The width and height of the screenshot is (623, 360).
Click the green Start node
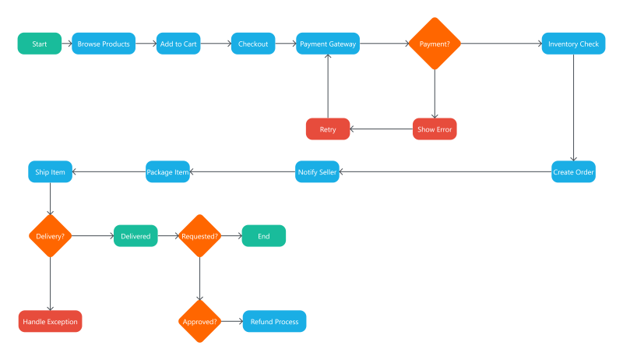pyautogui.click(x=40, y=44)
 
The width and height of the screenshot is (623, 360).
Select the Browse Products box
pyautogui.click(x=104, y=44)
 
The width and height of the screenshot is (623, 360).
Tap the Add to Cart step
pyautogui.click(x=178, y=44)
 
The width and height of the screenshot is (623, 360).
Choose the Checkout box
pyautogui.click(x=253, y=44)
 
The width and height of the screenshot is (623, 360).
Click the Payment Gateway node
pyautogui.click(x=328, y=44)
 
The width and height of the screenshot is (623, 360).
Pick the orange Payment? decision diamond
pyautogui.click(x=435, y=44)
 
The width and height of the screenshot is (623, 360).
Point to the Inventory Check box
pyautogui.click(x=573, y=44)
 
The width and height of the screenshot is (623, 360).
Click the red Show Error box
pyautogui.click(x=435, y=129)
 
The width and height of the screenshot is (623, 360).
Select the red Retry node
pyautogui.click(x=328, y=129)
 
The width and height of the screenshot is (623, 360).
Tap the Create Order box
pyautogui.click(x=573, y=171)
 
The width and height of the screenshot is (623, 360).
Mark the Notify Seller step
pyautogui.click(x=317, y=171)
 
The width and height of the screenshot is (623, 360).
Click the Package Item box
pyautogui.click(x=168, y=171)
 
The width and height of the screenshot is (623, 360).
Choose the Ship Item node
pyautogui.click(x=51, y=171)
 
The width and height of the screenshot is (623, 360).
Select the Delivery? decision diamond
pyautogui.click(x=51, y=235)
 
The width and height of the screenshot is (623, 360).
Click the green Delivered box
pyautogui.click(x=136, y=235)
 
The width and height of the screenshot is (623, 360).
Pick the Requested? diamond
pyautogui.click(x=200, y=235)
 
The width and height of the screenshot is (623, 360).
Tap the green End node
pyautogui.click(x=263, y=235)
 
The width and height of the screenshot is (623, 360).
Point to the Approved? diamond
pyautogui.click(x=200, y=321)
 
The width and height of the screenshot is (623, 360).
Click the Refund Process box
pyautogui.click(x=274, y=321)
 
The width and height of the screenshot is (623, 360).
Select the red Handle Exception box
pyautogui.click(x=51, y=321)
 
